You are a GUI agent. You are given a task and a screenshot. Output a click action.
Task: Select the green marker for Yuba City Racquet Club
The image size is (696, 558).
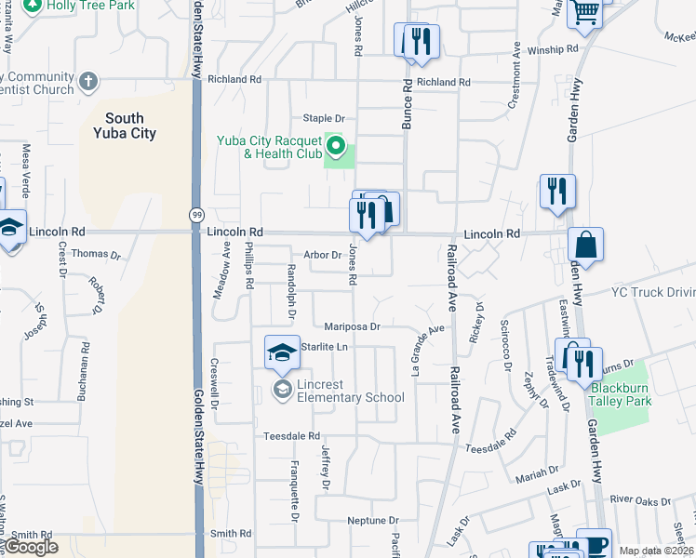336,147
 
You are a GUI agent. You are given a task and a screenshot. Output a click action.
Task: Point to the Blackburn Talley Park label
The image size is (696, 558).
621,394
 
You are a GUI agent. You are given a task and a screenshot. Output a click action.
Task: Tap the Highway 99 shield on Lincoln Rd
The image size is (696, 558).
195,215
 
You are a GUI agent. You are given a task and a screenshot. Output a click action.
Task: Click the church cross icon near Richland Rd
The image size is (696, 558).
88,81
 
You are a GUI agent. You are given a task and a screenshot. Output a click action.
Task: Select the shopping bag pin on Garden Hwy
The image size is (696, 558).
586,246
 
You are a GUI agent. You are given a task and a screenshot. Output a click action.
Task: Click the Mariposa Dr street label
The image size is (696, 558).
353,326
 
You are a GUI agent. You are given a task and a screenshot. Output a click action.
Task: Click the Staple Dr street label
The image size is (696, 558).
325,118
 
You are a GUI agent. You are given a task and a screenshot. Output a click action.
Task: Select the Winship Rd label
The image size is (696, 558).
552,50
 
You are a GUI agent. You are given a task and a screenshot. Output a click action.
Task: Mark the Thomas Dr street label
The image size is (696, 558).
96,253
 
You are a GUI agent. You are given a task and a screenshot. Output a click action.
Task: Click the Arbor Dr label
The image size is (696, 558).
323,254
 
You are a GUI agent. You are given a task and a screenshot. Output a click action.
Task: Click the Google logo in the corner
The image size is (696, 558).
32,547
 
